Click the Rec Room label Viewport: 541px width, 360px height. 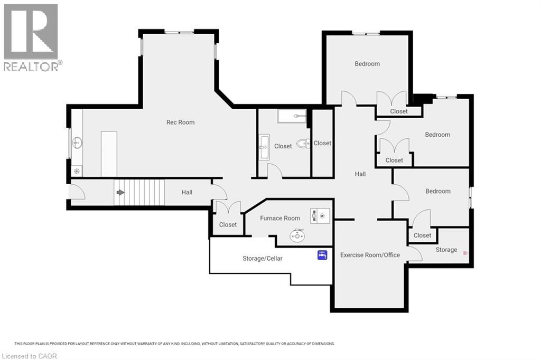click(180, 122)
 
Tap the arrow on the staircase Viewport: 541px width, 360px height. click(120, 192)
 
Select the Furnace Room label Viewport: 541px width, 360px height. click(280, 218)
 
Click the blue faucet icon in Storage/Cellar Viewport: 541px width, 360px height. click(322, 255)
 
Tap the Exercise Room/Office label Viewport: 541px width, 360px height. click(370, 255)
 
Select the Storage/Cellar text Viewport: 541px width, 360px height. click(262, 258)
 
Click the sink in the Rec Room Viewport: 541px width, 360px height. click(77, 142)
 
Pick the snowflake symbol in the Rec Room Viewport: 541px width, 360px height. click(77, 170)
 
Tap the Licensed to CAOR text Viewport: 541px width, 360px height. click(29, 356)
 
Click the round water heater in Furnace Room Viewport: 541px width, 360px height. click(297, 235)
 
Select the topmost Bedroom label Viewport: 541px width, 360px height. click(367, 64)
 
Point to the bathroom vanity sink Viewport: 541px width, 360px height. click(264, 147)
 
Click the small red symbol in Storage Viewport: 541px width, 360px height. click(465, 253)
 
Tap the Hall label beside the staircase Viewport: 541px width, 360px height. click(186, 192)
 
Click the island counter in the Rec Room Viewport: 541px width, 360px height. click(109, 154)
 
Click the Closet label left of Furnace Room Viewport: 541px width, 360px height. click(228, 224)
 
